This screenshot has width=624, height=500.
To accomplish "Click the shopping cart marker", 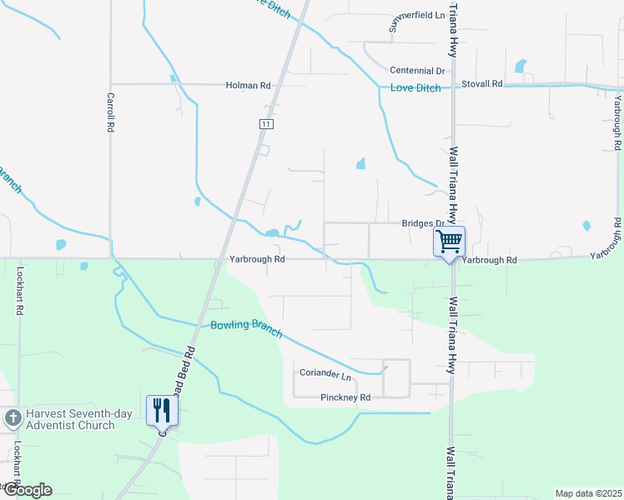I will click(449, 242).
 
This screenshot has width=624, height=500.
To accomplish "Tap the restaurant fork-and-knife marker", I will click(162, 410).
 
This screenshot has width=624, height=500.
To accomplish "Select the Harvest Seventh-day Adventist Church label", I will click(70, 419).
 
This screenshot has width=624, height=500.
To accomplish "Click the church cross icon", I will click(13, 418).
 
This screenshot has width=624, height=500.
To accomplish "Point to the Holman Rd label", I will click(249, 85).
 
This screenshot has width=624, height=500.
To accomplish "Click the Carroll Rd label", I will click(109, 112).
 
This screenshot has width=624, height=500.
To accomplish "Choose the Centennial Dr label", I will click(418, 71).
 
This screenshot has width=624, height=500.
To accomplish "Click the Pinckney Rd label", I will click(345, 398).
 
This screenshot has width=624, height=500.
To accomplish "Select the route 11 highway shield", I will click(265, 123).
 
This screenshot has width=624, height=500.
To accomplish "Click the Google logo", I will click(26, 490).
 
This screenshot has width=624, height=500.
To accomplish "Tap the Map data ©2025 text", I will click(587, 493).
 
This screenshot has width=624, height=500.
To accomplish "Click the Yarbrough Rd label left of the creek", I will click(258, 259).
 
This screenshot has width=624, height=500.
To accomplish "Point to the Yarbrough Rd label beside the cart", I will click(490, 260).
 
